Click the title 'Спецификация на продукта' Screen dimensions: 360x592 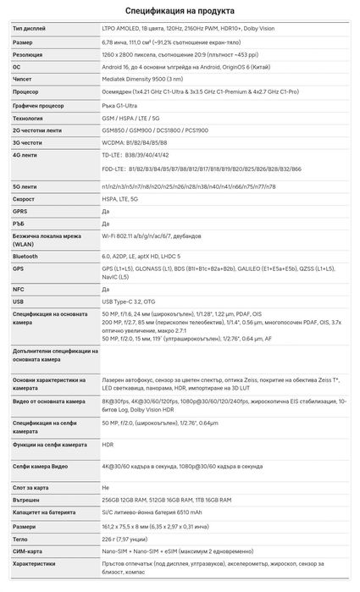pyautogui.click(x=180, y=11)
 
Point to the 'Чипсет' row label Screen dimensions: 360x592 pyautogui.click(x=25, y=77)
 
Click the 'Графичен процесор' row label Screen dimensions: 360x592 pyautogui.click(x=40, y=107)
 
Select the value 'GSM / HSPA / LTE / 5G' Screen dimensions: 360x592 pyautogui.click(x=131, y=119)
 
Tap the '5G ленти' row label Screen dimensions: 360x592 pyautogui.click(x=26, y=185)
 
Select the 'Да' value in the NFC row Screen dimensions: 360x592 pyautogui.click(x=105, y=288)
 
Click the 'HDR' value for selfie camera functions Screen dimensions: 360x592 pyautogui.click(x=108, y=443)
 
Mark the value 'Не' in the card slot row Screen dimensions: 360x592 pyautogui.click(x=105, y=488)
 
